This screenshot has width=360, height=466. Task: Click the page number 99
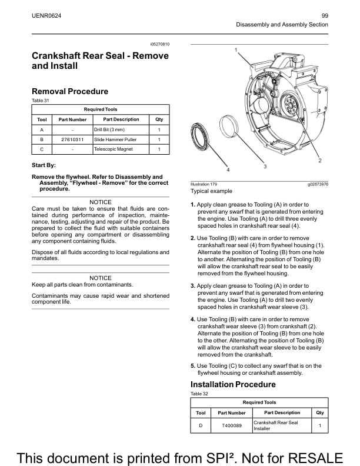325,15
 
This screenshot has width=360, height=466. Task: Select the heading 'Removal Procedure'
69,91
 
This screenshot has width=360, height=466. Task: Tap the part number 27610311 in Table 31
72,139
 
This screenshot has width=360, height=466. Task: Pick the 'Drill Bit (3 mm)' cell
109,129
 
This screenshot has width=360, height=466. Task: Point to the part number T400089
232,425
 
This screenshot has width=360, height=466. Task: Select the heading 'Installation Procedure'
233,384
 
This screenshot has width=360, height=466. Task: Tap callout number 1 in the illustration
236,51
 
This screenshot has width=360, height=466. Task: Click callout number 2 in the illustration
319,160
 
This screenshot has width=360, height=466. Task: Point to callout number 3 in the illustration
265,167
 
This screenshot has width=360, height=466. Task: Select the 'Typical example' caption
211,191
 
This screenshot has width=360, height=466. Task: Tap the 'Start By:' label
44,165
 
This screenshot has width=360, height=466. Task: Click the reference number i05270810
159,44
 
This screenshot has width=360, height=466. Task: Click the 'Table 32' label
199,394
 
